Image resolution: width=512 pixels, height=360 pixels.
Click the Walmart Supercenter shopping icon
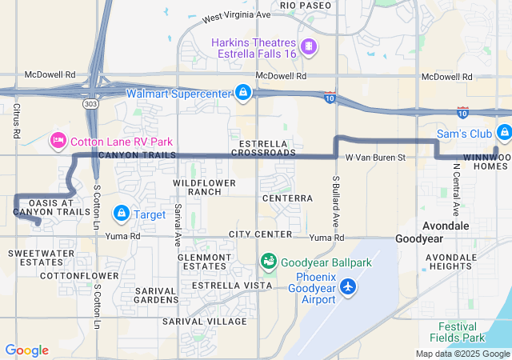coord(242,93)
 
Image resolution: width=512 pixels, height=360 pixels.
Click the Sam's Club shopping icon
coord(503,132)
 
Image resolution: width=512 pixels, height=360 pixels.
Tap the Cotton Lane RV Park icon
coord(58,142)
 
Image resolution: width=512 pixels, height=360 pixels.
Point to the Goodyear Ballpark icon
coord(267,262)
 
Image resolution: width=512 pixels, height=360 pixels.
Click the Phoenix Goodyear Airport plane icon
coord(348,286)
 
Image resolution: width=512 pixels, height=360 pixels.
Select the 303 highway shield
coord(90,103)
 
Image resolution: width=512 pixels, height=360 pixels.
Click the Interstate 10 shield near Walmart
coord(330,98)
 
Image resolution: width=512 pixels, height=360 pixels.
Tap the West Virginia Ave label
coord(237,15)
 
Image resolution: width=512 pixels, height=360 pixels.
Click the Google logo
coord(26,350)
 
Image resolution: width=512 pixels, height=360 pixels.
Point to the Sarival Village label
coord(204,321)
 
